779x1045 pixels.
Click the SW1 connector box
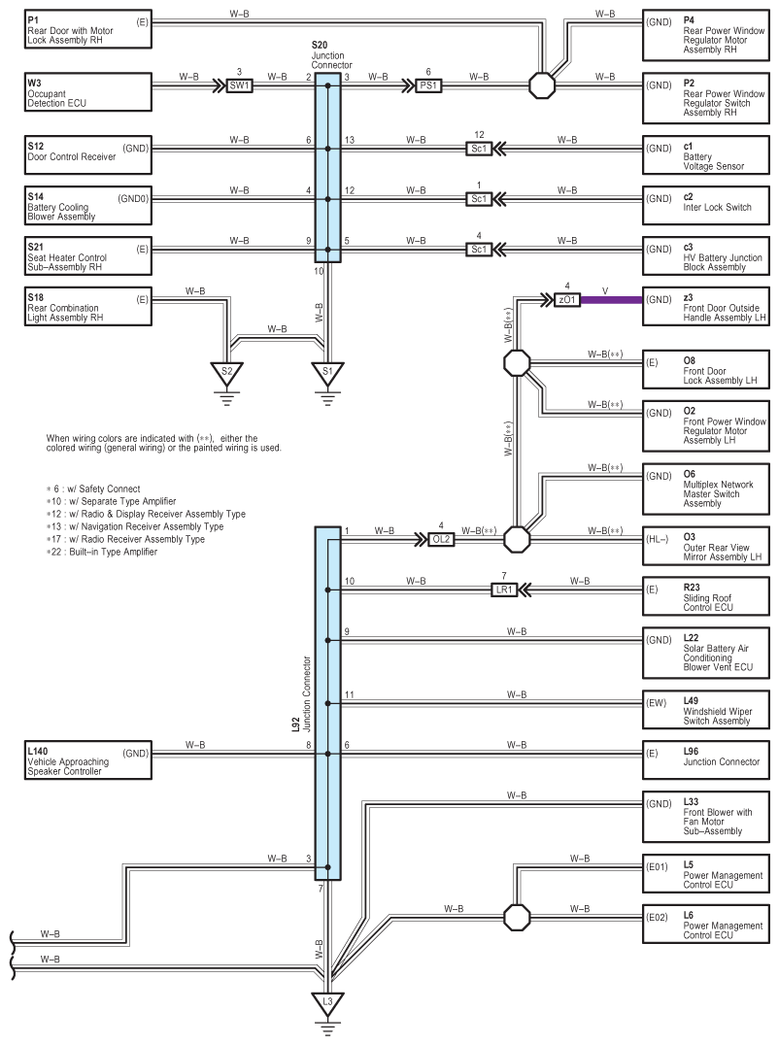coord(239,85)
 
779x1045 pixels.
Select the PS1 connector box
coord(428,85)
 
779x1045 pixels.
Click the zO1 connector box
coord(567,300)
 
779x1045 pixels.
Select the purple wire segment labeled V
coord(612,300)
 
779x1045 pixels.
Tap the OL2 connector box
coord(441,539)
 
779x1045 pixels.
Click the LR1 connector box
coord(504,590)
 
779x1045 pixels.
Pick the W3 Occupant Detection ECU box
coord(88,92)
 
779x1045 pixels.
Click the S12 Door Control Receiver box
coord(88,155)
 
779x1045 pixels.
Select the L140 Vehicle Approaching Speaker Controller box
coord(88,760)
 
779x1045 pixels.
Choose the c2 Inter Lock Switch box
coord(706,206)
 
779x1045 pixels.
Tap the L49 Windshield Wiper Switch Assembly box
coord(706,710)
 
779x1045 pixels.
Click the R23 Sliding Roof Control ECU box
coord(706,596)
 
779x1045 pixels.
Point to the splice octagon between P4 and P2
coord(542,85)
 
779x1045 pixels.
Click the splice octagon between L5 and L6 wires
coord(517,918)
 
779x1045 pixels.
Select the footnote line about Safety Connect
coord(93,489)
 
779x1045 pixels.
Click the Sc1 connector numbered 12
coord(479,149)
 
